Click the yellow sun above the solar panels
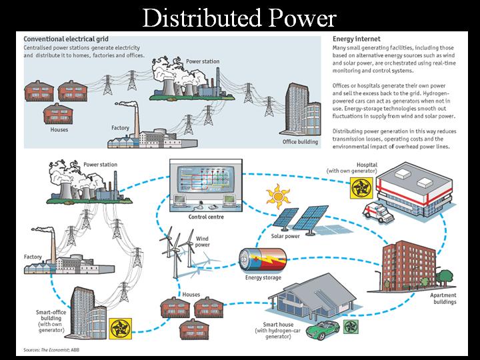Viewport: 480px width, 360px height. (x=278, y=196)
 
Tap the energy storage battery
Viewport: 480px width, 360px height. (x=263, y=260)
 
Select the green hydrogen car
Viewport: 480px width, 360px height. (x=323, y=330)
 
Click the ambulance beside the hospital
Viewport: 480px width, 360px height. (x=378, y=213)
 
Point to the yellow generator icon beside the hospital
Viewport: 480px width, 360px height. (x=361, y=187)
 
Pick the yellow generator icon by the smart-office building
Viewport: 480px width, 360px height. (x=120, y=329)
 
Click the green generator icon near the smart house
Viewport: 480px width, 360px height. (x=351, y=327)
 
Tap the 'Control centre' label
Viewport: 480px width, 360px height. (x=206, y=217)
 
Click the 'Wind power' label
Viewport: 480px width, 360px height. (x=203, y=241)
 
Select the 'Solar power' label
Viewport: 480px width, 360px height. (x=285, y=236)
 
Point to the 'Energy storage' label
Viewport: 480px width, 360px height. (x=263, y=277)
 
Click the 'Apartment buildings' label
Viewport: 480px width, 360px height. (x=443, y=299)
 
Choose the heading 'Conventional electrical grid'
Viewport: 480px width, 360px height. (x=66, y=39)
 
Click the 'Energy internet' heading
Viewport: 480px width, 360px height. (x=356, y=39)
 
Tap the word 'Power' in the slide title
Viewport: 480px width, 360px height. (x=303, y=18)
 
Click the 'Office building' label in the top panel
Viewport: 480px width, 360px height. (x=300, y=142)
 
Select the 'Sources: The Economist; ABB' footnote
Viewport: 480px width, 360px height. (x=51, y=350)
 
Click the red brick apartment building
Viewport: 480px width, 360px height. (x=409, y=266)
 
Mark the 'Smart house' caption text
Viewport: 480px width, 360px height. (x=278, y=330)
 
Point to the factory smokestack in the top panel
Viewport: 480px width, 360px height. (x=136, y=121)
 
